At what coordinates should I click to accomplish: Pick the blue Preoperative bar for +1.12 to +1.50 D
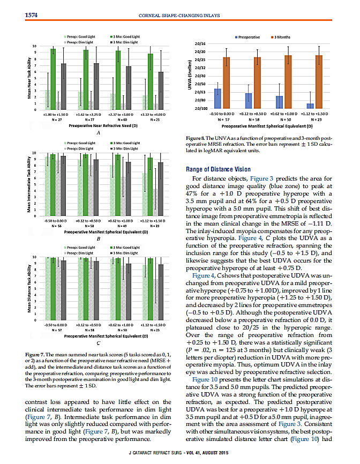(310, 106)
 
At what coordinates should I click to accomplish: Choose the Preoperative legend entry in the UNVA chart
(247, 36)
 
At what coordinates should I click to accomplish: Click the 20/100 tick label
(200, 108)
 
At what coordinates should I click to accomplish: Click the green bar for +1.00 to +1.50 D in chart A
(53, 79)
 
